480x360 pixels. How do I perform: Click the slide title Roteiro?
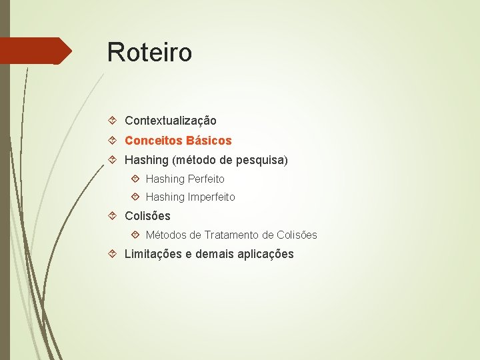coord(149,52)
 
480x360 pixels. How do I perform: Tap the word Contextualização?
coord(170,121)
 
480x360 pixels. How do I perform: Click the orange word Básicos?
coord(209,141)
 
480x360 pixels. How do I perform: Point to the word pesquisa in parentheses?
coord(261,161)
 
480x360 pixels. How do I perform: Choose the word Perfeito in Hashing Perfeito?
coord(206,179)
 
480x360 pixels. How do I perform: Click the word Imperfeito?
coord(211,197)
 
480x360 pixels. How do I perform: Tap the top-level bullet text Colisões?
coord(147,216)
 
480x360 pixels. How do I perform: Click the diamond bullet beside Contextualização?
coord(113,121)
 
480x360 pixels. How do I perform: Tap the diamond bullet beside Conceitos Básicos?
coord(113,141)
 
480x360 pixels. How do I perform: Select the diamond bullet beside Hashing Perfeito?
coord(135,179)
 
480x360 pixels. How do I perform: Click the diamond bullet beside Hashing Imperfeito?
coord(135,197)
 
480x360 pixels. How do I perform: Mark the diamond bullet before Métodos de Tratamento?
coord(135,235)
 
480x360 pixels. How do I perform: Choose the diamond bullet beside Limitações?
coord(113,254)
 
